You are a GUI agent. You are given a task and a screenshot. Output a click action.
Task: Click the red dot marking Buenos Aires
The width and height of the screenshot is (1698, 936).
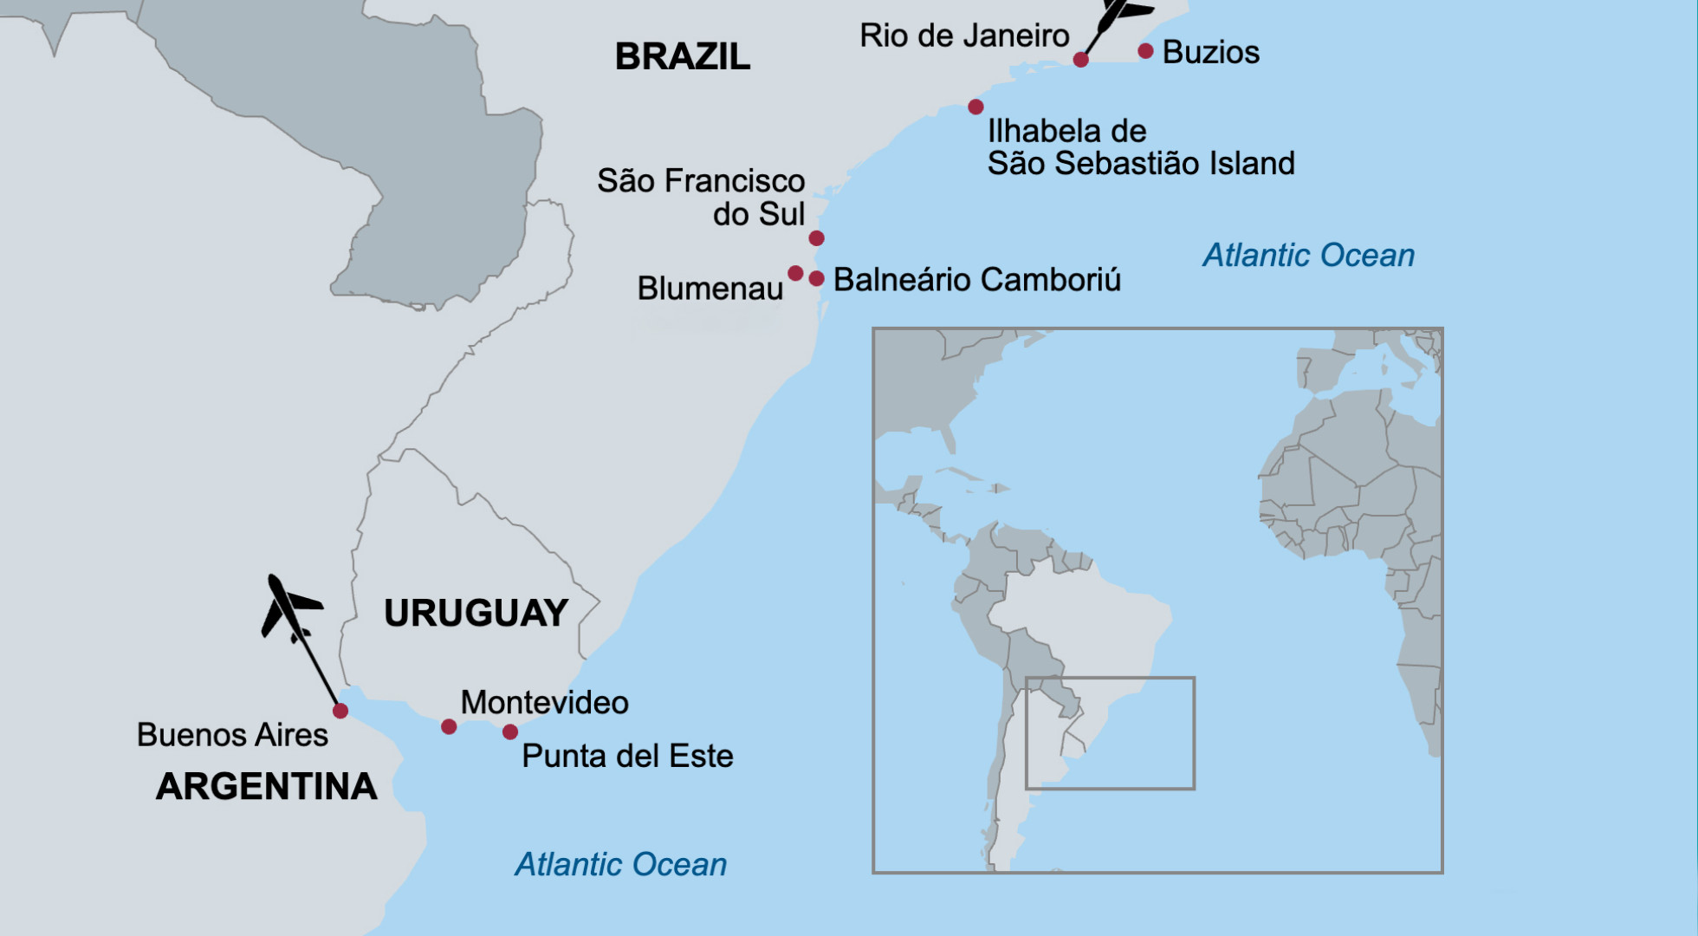[340, 711]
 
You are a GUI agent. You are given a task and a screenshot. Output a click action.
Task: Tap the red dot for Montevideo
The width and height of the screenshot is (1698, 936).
[449, 726]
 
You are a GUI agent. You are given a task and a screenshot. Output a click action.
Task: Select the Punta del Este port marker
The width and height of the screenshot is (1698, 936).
[510, 731]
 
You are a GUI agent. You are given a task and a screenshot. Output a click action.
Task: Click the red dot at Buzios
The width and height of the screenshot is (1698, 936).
[1145, 51]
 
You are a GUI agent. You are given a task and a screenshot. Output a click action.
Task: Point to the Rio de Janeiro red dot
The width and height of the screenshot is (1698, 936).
[1080, 59]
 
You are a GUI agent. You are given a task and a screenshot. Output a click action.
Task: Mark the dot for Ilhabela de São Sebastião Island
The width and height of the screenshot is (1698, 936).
[975, 107]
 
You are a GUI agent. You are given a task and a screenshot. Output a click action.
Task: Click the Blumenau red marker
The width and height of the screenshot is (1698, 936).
[795, 273]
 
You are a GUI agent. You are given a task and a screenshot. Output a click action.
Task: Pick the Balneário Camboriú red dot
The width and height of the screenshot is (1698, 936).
[816, 278]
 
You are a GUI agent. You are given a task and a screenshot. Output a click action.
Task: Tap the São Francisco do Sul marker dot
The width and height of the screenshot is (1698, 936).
[816, 237]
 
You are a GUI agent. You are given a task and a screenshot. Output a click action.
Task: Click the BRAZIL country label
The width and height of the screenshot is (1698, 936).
[682, 57]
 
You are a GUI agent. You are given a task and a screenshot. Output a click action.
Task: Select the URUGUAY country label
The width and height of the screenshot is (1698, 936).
[476, 614]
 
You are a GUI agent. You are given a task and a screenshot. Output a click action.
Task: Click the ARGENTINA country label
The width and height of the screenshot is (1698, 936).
[266, 787]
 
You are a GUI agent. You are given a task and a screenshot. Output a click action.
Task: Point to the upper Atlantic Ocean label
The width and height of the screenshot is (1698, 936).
[1308, 256]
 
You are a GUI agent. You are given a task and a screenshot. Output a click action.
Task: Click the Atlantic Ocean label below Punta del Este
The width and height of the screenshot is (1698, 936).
[620, 865]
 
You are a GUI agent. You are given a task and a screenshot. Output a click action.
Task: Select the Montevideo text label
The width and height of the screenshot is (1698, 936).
[544, 703]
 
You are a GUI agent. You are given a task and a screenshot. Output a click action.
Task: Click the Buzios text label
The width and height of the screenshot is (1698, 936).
[1210, 52]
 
